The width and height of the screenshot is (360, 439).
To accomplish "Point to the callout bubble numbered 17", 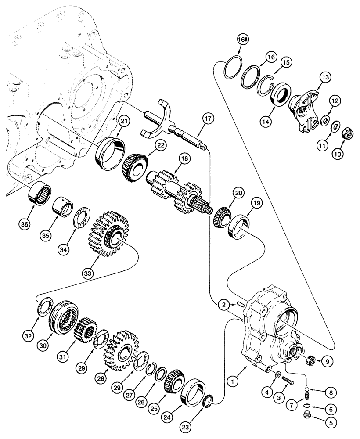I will click(x=208, y=118).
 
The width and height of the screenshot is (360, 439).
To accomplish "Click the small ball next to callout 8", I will click(x=308, y=388).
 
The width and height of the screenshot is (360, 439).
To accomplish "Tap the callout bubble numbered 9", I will click(x=325, y=362).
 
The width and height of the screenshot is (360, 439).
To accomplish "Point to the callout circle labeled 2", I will click(x=223, y=305).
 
